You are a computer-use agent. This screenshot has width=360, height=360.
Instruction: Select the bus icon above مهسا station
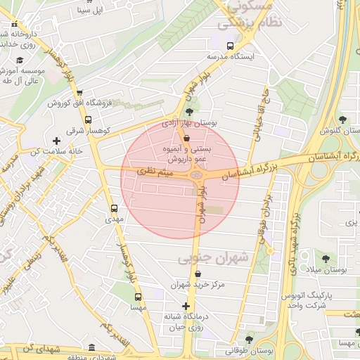(138, 297)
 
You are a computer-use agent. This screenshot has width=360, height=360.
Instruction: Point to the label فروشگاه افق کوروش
(75, 103)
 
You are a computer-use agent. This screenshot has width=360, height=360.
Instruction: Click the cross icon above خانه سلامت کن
(56, 141)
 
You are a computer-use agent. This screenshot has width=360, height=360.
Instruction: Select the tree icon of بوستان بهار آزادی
(189, 111)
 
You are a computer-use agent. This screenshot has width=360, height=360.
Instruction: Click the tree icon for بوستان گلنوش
(342, 120)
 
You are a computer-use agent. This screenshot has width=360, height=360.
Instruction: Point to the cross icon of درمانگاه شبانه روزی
(186, 306)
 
